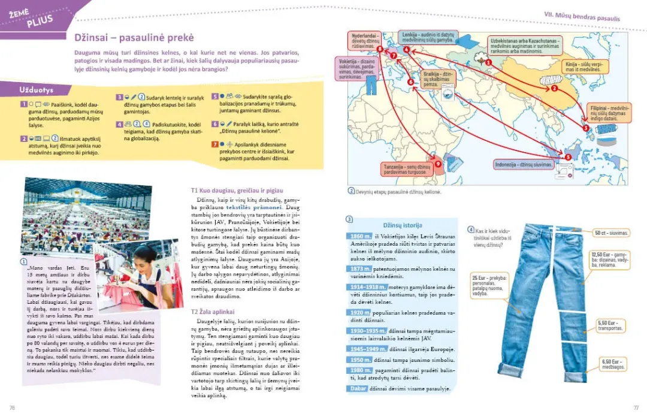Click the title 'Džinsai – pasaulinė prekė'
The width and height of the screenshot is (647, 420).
coord(134,38)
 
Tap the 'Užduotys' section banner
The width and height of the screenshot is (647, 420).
coord(36,89)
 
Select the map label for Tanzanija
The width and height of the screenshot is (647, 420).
coord(406,168)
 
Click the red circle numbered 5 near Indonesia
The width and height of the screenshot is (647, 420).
coord(568,156)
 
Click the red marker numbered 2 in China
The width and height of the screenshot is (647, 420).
coord(554,88)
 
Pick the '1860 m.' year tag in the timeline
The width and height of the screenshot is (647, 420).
coord(361,236)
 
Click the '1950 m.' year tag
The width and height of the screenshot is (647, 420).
coord(361,360)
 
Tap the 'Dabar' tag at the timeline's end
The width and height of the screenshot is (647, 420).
coord(357,389)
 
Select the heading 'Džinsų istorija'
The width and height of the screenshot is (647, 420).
coord(403,225)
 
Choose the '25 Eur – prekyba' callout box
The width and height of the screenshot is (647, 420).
coord(489,285)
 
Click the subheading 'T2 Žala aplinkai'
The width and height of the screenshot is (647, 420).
coord(212,312)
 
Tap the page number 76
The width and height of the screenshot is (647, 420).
coord(12,407)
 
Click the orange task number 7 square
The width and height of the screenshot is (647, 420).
coord(216,144)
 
